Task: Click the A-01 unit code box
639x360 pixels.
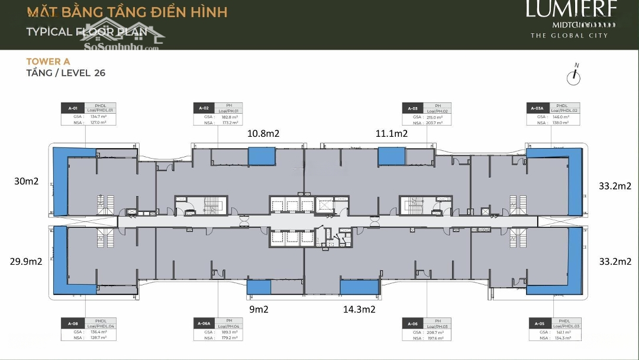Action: pyautogui.click(x=73, y=108)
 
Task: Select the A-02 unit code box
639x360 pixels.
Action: pyautogui.click(x=204, y=108)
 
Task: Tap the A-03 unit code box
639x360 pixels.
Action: pyautogui.click(x=414, y=108)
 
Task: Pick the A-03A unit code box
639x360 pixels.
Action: pyautogui.click(x=538, y=108)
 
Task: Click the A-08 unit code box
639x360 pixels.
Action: pyautogui.click(x=73, y=323)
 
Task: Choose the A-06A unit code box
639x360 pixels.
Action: pyautogui.click(x=204, y=323)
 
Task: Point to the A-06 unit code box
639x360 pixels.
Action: pyautogui.click(x=414, y=323)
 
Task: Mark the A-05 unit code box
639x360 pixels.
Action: pyautogui.click(x=540, y=323)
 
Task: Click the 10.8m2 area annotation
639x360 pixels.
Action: pyautogui.click(x=264, y=134)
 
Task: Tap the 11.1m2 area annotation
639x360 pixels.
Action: pyautogui.click(x=392, y=134)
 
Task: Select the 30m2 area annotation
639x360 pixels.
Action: pyautogui.click(x=27, y=182)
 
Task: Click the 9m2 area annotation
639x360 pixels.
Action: pyautogui.click(x=258, y=308)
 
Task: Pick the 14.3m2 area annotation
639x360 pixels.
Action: pyautogui.click(x=359, y=308)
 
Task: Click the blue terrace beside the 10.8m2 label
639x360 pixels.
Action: pyautogui.click(x=261, y=156)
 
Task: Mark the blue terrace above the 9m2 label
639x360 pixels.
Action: pyautogui.click(x=258, y=287)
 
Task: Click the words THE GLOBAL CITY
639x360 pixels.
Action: pyautogui.click(x=569, y=36)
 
